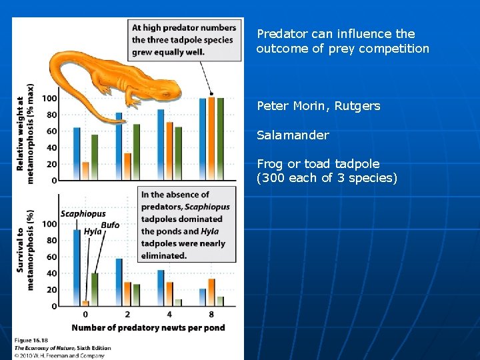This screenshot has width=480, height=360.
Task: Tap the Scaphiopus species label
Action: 83,214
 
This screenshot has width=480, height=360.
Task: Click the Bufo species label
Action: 110,225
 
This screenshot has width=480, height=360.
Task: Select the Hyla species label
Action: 92,231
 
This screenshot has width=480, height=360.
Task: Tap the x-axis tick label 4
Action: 169,314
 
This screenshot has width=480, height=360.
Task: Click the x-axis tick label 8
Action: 211,314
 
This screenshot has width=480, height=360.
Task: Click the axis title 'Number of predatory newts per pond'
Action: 148,327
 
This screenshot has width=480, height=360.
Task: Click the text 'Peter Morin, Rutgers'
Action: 318,105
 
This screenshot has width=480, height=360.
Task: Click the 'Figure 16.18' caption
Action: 32,340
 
